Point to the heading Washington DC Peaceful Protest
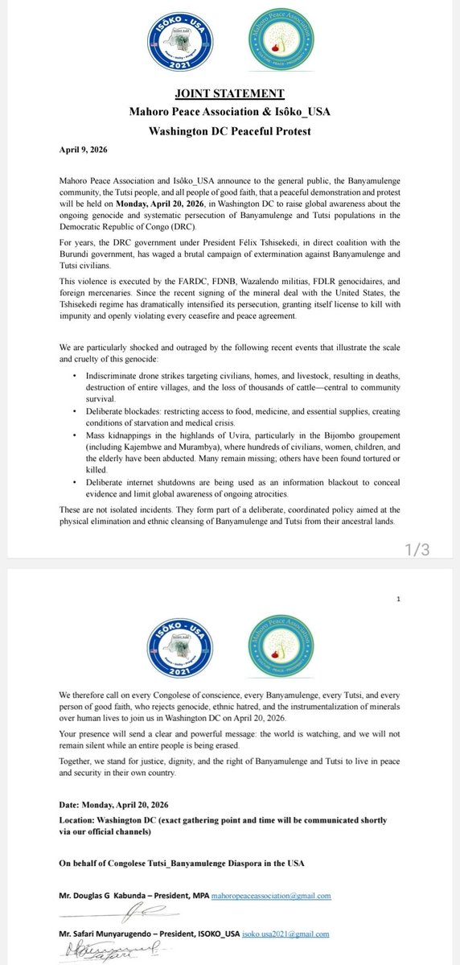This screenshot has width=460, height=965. pos(229,132)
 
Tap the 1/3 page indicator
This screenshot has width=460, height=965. pos(420,550)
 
